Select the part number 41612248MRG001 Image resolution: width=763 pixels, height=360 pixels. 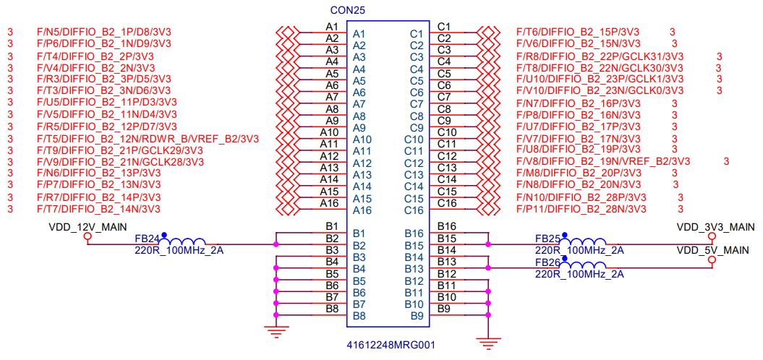coord(391,345)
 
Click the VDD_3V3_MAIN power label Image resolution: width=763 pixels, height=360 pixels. coord(715,227)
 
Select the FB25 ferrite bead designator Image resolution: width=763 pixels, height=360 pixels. coord(547,238)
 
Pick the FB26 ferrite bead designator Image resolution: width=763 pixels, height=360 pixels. coord(547,262)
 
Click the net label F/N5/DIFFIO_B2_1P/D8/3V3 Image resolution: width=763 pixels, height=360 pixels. coord(104,32)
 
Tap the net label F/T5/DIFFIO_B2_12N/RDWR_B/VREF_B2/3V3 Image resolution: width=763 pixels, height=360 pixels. coord(148,138)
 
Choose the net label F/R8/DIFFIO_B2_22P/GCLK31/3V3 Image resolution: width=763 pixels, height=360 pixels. coord(600,56)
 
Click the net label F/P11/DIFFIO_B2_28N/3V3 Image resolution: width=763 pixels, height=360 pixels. coord(581,209)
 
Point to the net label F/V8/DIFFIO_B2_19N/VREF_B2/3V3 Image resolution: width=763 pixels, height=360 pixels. coord(603,160)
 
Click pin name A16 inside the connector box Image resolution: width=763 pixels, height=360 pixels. coord(362,210)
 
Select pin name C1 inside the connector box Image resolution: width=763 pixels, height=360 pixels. coord(416,33)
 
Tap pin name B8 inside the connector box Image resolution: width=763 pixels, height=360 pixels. coord(359,316)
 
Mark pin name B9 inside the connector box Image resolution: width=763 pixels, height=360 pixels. coord(417,316)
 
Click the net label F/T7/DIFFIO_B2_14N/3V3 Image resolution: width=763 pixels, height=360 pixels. coord(98,209)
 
